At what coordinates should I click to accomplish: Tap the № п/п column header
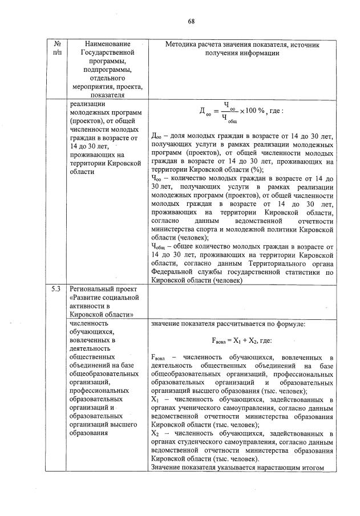click(x=57, y=48)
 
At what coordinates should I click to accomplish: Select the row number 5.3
click(x=56, y=289)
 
